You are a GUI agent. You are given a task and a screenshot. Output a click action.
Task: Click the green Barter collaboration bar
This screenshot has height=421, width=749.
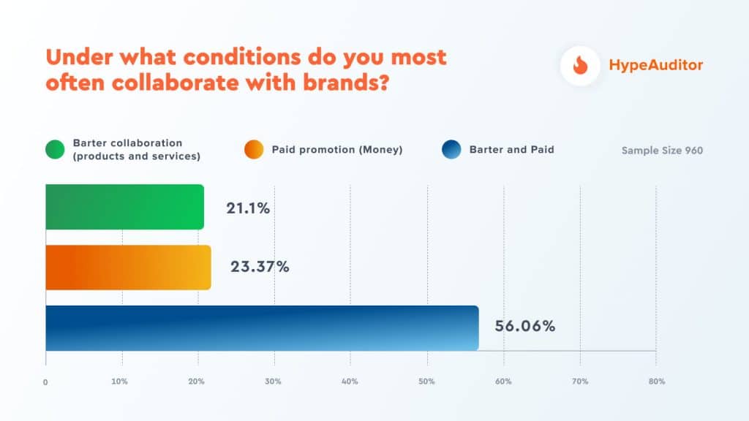[x=124, y=207]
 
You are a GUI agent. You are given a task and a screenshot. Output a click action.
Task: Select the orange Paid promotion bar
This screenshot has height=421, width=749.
[x=128, y=267]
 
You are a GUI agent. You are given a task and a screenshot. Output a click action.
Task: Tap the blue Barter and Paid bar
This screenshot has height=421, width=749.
[x=262, y=328]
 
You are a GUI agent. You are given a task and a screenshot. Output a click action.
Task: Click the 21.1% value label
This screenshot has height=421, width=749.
[x=248, y=208]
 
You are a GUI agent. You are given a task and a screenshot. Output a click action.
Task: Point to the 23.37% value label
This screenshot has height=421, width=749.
[x=260, y=267]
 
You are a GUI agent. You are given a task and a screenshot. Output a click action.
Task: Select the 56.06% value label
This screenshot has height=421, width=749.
[x=524, y=326]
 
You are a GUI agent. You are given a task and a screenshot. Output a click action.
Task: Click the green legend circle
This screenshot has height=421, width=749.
[x=56, y=149]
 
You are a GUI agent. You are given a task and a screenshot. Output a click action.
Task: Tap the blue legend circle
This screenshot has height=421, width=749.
[x=452, y=149]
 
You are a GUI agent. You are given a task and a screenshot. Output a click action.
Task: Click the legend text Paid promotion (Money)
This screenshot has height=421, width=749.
[x=337, y=150]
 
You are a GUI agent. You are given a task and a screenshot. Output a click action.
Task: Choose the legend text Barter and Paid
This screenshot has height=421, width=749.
[x=511, y=150]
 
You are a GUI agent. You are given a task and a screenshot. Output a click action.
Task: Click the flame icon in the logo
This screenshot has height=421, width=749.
[x=580, y=65]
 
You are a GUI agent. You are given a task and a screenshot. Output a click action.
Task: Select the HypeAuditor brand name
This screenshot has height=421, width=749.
[x=655, y=65]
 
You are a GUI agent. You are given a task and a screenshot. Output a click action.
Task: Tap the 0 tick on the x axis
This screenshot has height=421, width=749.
[x=45, y=382]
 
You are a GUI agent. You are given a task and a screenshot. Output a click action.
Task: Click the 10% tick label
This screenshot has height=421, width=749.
[x=120, y=382]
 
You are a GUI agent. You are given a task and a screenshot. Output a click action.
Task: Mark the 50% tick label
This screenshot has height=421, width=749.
[x=427, y=382]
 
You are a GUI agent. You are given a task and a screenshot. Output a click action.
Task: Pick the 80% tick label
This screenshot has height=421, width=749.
[x=656, y=382]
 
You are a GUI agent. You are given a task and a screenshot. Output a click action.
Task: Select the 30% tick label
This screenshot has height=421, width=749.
[x=274, y=382]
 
